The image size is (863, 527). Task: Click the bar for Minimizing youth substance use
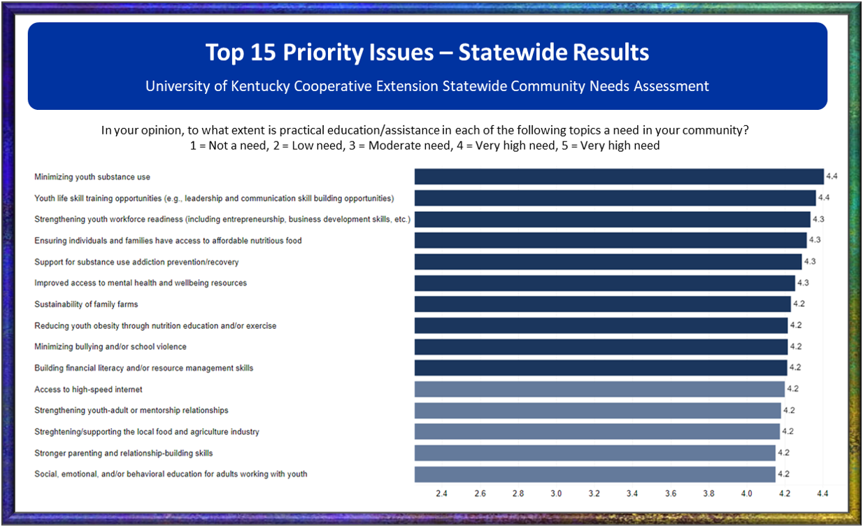(619, 176)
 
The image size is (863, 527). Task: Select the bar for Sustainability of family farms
(602, 304)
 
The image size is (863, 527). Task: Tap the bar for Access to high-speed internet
(599, 389)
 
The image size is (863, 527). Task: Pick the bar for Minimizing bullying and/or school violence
(601, 346)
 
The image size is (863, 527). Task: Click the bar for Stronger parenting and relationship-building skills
(594, 453)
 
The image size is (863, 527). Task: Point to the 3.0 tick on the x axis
(556, 493)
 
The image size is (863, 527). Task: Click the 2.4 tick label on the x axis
(442, 493)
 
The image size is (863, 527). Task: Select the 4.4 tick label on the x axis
(822, 493)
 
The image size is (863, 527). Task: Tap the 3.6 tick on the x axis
(670, 493)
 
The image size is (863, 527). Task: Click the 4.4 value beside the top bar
(832, 176)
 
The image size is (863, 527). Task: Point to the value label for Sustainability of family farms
(799, 304)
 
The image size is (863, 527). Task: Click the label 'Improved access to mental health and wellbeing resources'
(141, 283)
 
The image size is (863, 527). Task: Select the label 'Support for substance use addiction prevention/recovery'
(136, 262)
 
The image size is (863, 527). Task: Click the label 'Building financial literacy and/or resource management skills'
(144, 367)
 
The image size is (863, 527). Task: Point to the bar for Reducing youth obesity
(601, 325)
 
